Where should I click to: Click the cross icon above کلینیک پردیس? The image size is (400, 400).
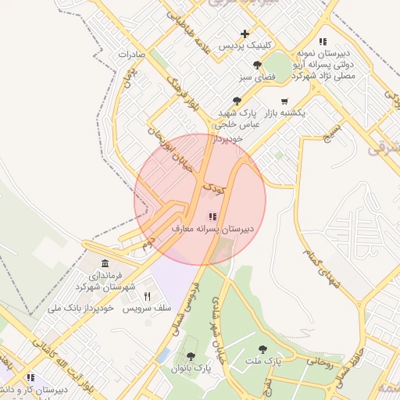click(x=245, y=34)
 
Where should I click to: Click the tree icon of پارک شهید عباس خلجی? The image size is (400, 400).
click(x=237, y=101)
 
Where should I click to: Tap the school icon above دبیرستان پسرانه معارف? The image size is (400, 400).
click(x=211, y=216)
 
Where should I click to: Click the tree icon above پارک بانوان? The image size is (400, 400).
click(x=191, y=356)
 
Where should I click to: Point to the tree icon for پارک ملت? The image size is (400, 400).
click(x=262, y=349)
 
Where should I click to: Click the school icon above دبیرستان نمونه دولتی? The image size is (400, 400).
click(x=323, y=41)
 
